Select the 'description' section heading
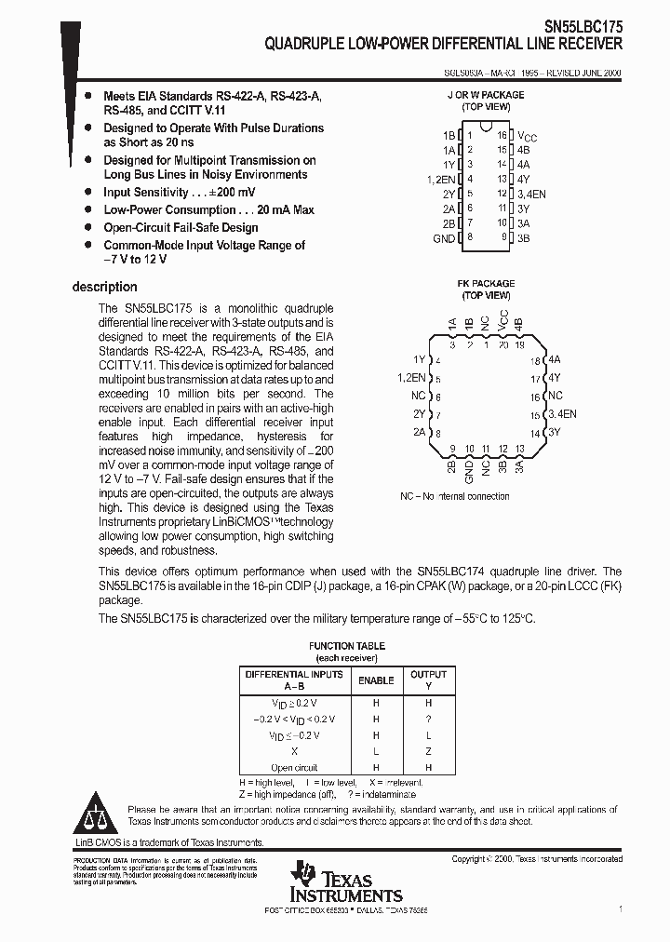click(105, 288)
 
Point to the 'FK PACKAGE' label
click(486, 284)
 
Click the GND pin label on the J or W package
click(444, 238)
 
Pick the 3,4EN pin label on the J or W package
click(532, 194)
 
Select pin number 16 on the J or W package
click(502, 135)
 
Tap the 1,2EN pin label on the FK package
click(411, 378)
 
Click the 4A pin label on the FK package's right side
click(555, 359)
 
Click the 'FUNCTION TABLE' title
click(346, 646)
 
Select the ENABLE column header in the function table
click(376, 680)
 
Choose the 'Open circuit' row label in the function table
click(294, 768)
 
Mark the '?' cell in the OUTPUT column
click(428, 720)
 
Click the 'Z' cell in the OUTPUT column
click(428, 751)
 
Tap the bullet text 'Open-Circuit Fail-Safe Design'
click(181, 228)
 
